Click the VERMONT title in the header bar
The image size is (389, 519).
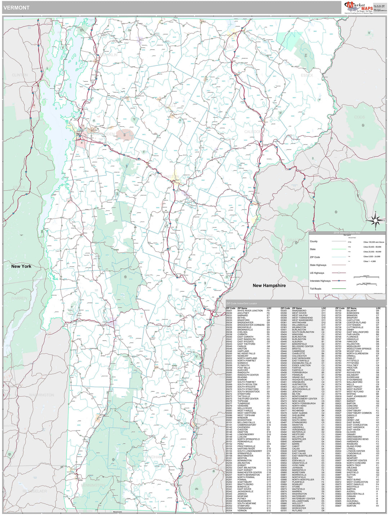17,8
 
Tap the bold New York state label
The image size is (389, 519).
21,266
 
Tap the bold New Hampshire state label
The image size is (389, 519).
269,285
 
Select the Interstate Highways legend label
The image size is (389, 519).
320,281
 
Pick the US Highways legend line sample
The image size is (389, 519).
339,273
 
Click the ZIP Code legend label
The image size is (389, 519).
315,257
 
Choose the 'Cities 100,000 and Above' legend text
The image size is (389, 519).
374,242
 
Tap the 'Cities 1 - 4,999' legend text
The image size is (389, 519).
370,261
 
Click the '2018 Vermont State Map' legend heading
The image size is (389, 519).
347,233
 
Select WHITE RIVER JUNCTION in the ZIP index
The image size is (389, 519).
250,311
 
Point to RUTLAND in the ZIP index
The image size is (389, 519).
297,510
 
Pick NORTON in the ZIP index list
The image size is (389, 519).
351,506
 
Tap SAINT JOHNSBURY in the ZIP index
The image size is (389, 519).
357,396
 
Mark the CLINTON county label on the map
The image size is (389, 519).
19,75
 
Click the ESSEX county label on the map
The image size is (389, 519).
307,75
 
